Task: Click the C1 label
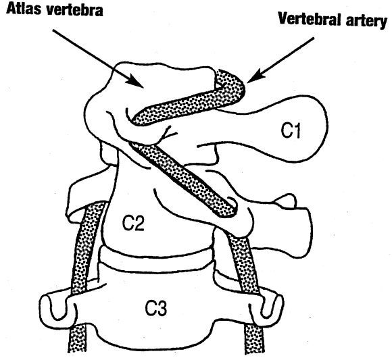291,130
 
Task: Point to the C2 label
133,223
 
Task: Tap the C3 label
155,307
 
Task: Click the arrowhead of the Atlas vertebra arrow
136,81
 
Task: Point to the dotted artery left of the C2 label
87,247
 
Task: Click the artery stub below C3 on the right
253,338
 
